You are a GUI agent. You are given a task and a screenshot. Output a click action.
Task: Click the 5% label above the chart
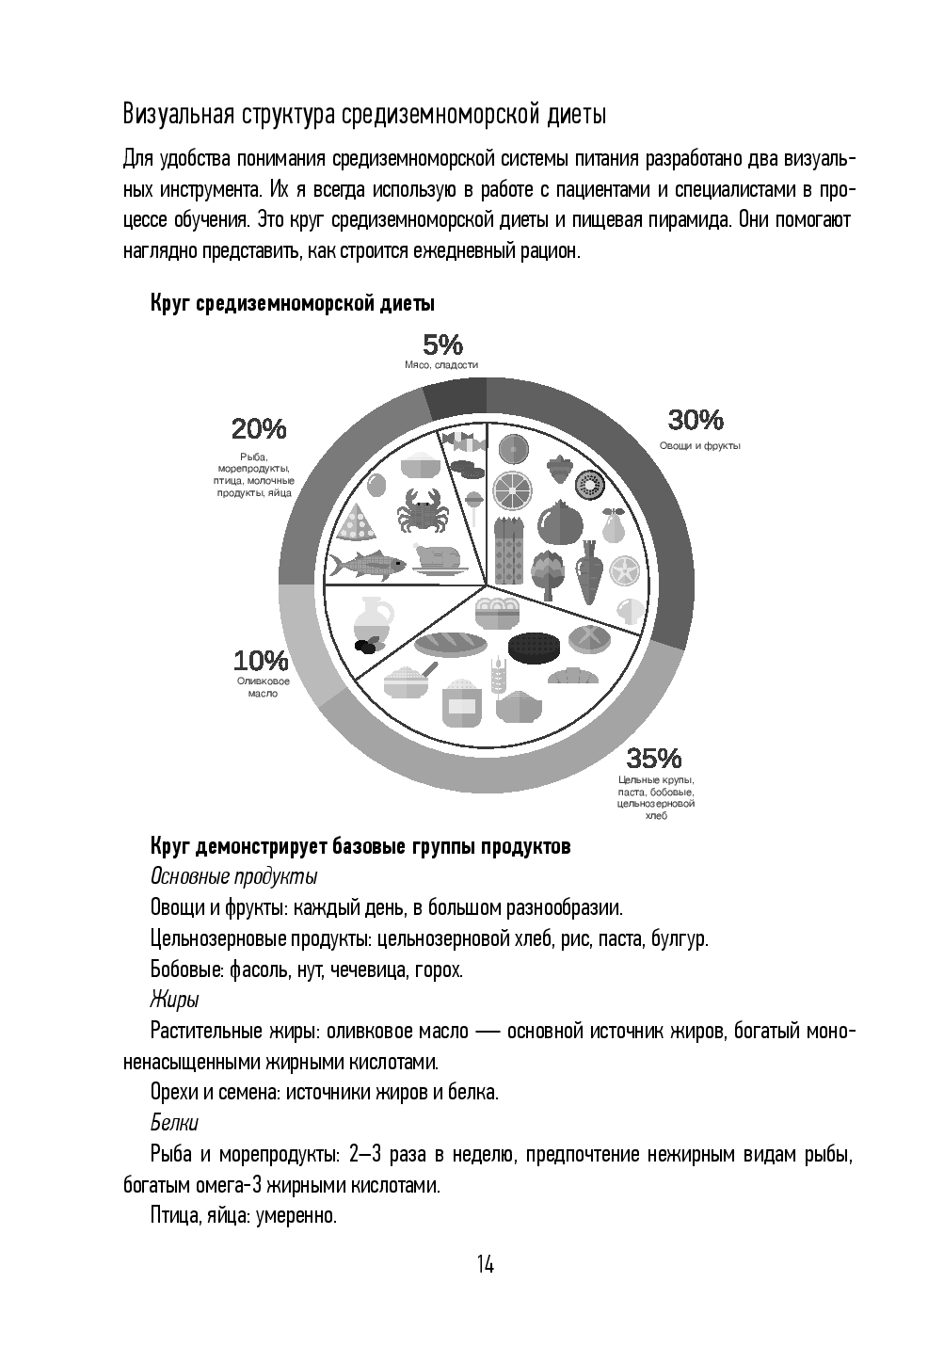pyautogui.click(x=441, y=345)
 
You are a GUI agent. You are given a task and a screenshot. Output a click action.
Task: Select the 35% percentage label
pyautogui.click(x=654, y=757)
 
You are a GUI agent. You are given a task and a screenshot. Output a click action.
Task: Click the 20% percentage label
pyautogui.click(x=258, y=429)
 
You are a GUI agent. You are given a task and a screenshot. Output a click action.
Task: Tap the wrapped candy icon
pyautogui.click(x=461, y=441)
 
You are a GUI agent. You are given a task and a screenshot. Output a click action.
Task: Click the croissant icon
pyautogui.click(x=572, y=676)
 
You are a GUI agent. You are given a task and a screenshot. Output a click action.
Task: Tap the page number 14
pyautogui.click(x=485, y=1264)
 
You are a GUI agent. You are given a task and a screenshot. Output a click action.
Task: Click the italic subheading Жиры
pyautogui.click(x=173, y=1000)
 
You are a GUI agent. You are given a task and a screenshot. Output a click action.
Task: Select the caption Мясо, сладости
pyautogui.click(x=441, y=364)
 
